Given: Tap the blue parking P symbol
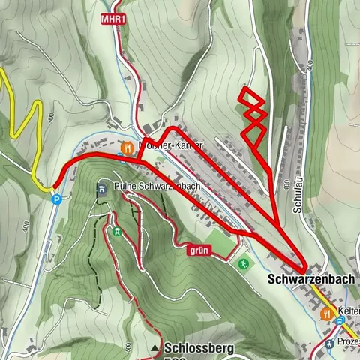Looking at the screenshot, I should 56,199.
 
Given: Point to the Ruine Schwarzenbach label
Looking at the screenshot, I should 157,186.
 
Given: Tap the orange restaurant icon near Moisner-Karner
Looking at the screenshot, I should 128,147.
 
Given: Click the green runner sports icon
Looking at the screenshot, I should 244,263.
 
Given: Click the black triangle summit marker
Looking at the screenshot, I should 155,349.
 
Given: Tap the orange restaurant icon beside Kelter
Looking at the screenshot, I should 327,313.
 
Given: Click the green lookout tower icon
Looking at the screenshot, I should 116,231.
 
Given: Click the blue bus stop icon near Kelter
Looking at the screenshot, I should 341,321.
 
